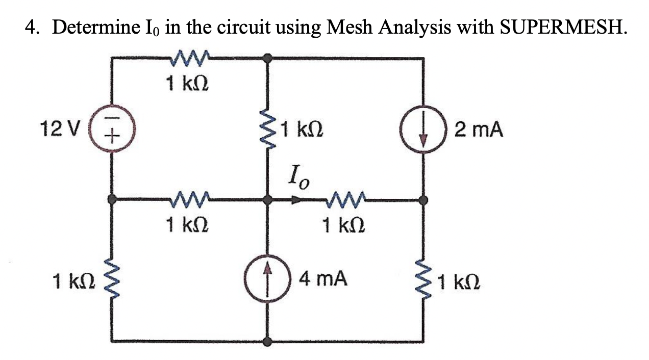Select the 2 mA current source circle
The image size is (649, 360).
(422, 129)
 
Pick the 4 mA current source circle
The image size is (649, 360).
(266, 278)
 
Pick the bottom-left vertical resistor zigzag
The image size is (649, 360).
(111, 280)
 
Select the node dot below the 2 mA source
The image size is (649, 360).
(422, 199)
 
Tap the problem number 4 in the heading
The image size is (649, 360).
(30, 27)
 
